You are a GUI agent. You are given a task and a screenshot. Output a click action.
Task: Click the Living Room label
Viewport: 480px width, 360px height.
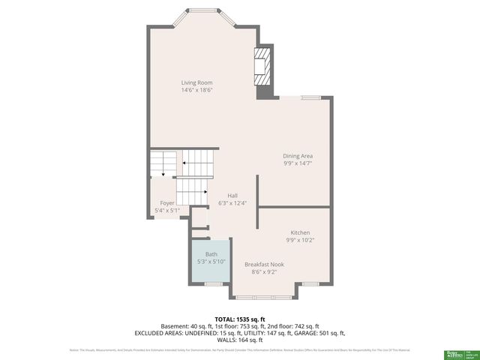tap(196, 82)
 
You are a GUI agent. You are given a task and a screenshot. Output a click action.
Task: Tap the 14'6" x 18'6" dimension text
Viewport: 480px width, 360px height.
tap(196, 91)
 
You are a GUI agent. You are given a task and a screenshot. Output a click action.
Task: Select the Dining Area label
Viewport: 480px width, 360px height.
tap(298, 155)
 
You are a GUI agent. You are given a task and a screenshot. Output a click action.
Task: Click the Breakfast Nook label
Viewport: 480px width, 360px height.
tap(264, 264)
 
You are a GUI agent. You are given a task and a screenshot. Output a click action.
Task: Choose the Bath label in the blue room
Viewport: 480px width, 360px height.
tap(211, 254)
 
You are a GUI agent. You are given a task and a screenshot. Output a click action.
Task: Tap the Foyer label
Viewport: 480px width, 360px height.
tap(166, 203)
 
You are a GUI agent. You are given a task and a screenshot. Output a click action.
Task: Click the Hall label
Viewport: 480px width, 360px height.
tap(222, 195)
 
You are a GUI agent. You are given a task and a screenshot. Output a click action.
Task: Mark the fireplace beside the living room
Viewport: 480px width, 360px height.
tap(263, 70)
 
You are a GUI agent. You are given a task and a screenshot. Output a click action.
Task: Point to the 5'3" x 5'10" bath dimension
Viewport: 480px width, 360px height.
tap(211, 262)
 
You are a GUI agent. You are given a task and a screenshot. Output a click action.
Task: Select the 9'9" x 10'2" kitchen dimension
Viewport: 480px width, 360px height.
tap(300, 241)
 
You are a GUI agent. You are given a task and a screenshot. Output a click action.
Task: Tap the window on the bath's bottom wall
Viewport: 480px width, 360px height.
tap(214, 284)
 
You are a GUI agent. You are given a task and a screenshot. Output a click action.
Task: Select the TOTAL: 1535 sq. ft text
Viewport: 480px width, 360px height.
tap(240, 319)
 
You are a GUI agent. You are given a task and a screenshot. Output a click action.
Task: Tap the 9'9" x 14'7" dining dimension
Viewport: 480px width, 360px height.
tap(298, 163)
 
